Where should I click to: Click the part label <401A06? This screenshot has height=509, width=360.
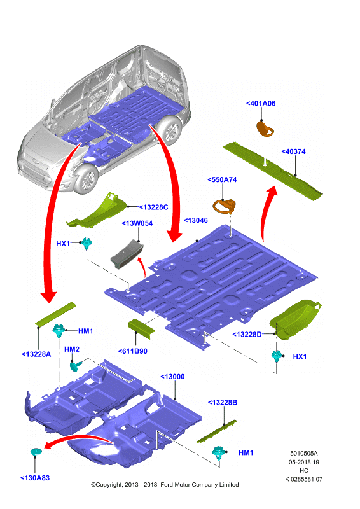pos(261,103)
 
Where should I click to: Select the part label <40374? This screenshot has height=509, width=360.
pos(293,151)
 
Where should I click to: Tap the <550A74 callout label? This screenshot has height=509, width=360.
pos(222,179)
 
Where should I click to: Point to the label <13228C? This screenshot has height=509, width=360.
pos(153,207)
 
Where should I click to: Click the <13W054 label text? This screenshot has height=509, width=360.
pos(137,223)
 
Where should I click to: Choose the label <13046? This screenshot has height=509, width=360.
pos(196,220)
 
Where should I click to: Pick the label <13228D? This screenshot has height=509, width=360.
pos(247,335)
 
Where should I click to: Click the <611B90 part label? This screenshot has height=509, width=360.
pos(133,351)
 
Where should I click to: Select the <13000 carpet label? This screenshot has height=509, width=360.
pos(173,377)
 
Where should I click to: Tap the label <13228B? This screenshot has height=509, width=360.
pos(223,403)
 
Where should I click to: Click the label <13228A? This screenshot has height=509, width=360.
pos(36,354)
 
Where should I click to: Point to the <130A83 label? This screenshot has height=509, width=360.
pos(35,478)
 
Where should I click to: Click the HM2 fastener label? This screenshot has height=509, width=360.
pos(72,349)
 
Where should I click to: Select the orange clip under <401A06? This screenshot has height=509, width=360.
pos(265,129)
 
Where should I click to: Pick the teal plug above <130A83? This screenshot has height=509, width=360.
pos(36,452)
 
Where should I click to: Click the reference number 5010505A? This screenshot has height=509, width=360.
pos(304,454)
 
